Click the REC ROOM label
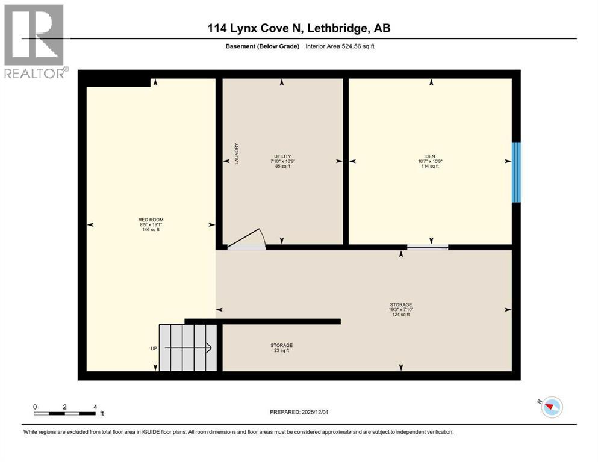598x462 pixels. tap(151, 220)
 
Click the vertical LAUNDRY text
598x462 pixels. tap(237, 154)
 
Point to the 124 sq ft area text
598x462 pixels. tap(400, 315)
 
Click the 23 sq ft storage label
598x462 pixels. tap(281, 350)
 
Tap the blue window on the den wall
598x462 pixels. tap(515, 173)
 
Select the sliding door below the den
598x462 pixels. tap(427, 247)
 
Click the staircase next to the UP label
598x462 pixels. tap(188, 348)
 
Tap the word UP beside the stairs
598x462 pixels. tap(154, 348)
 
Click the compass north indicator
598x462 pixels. tap(551, 407)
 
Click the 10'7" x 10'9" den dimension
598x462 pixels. tap(429, 161)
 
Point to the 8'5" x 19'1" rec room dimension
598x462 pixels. tap(151, 224)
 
